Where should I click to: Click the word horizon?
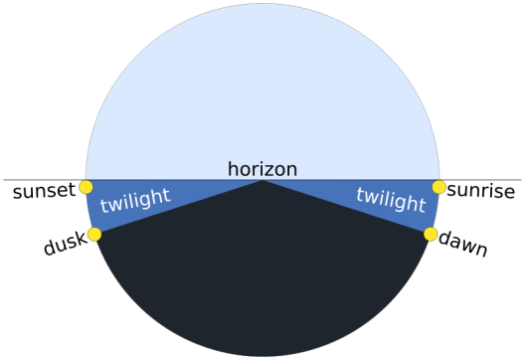pyautogui.click(x=262, y=169)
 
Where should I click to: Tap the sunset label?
pyautogui.click(x=43, y=190)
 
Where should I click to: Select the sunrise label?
pyautogui.click(x=481, y=190)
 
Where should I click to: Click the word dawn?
pyautogui.click(x=463, y=244)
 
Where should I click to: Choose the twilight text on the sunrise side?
pyautogui.click(x=390, y=198)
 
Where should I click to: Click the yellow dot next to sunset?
pyautogui.click(x=86, y=187)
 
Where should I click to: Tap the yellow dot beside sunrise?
pyautogui.click(x=438, y=187)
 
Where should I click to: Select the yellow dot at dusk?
pyautogui.click(x=94, y=235)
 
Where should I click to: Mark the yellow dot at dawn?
pyautogui.click(x=431, y=235)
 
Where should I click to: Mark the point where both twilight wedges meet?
pyautogui.click(x=262, y=180)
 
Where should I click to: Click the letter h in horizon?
pyautogui.click(x=232, y=168)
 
